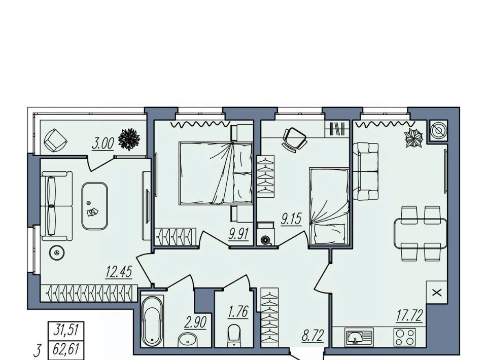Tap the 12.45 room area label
click(x=119, y=272)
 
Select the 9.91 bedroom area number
click(x=239, y=234)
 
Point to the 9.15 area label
click(x=291, y=220)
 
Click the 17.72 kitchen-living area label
click(x=409, y=315)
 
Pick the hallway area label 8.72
click(x=313, y=336)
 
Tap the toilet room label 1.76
click(x=238, y=312)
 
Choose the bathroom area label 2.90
click(x=195, y=323)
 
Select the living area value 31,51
click(x=65, y=330)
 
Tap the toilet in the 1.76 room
click(x=234, y=336)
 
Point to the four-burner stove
click(x=405, y=337)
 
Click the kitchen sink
click(x=359, y=337)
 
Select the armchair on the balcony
click(x=56, y=140)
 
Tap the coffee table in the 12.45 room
click(x=95, y=206)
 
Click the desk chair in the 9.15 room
click(x=294, y=139)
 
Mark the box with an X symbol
click(x=437, y=293)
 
